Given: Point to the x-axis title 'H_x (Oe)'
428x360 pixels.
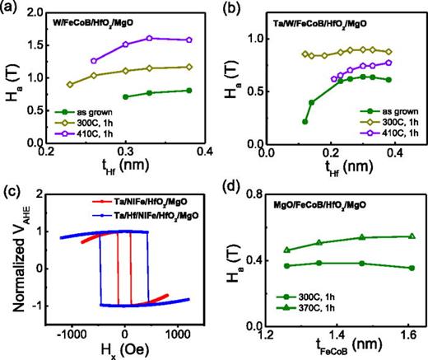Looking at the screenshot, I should (x=124, y=350).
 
